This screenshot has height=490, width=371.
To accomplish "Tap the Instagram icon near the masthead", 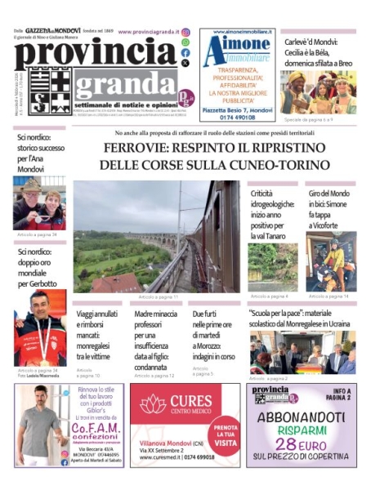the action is tap(185, 32).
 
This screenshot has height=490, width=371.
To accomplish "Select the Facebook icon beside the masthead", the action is tap(185, 52).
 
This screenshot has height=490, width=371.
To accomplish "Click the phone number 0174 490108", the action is tap(238, 116).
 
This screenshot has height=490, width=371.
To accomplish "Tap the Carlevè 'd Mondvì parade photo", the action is tap(318, 92).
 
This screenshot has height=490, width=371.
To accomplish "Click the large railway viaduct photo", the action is tap(156, 236).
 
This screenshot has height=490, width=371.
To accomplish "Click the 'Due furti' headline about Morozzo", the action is tap(213, 335).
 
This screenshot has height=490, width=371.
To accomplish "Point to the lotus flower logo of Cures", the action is tap(153, 403).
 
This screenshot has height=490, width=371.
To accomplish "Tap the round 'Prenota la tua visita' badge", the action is tap(226, 434).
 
